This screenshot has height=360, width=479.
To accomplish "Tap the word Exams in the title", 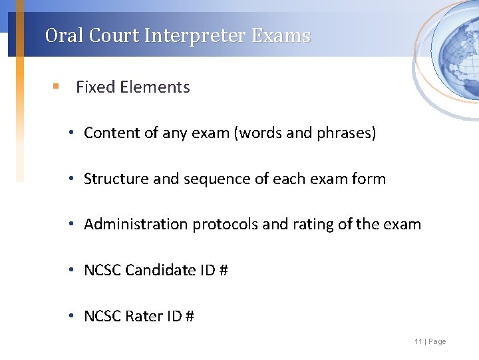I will [281, 35].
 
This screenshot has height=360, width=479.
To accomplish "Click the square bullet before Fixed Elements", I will [57, 87].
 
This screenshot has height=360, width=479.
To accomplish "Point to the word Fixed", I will [94, 87].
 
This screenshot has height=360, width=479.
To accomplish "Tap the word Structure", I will [115, 179].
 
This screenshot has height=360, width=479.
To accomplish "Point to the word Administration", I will [136, 224].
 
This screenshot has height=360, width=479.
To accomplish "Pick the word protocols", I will [225, 225].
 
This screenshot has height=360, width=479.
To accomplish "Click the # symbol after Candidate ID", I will [224, 270].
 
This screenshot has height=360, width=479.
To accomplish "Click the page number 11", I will [418, 342].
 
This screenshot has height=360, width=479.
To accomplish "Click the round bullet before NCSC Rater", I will [71, 316].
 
